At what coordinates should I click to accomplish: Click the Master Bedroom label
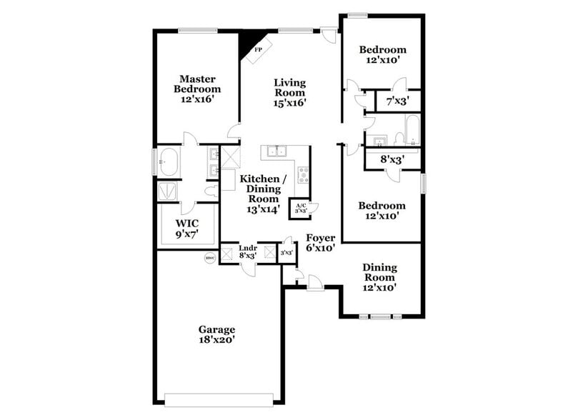point(196,89)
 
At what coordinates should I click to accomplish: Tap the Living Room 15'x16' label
point(289,93)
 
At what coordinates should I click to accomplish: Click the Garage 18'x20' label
point(216,334)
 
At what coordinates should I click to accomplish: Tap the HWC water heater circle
point(209,258)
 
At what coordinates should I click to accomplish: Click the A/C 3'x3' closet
point(300,208)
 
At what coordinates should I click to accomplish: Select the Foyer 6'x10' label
point(321,244)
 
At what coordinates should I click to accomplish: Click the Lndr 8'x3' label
point(248,251)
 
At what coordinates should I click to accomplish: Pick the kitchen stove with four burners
point(302,174)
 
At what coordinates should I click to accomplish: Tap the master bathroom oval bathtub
point(170,162)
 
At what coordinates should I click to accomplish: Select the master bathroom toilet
point(211,191)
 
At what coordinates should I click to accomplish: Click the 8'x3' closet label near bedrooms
point(392,160)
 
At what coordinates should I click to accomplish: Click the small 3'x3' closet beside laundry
point(286,252)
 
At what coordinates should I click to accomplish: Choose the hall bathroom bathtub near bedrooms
point(412,131)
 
